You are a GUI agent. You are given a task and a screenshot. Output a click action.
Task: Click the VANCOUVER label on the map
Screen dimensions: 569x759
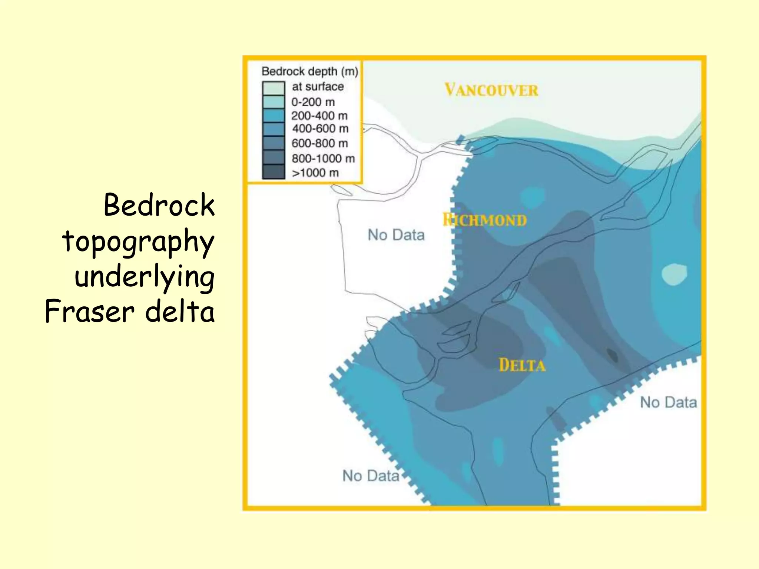(x=491, y=90)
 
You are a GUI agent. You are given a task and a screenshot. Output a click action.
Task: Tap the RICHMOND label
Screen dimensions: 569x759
(x=485, y=220)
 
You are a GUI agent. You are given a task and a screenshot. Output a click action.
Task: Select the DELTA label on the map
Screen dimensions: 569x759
(x=522, y=365)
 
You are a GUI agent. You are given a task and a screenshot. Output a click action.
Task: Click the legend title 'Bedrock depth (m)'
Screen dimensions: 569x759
(x=310, y=71)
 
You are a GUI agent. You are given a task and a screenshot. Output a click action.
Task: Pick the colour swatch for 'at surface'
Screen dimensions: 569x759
(x=274, y=88)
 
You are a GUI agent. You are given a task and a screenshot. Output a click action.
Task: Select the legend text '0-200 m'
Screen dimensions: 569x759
(x=313, y=102)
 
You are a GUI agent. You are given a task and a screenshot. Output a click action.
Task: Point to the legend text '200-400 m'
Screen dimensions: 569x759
(x=319, y=116)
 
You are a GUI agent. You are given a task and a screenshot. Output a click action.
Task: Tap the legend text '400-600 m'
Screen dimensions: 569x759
(x=320, y=129)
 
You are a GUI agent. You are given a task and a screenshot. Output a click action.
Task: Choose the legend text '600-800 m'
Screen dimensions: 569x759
(x=319, y=143)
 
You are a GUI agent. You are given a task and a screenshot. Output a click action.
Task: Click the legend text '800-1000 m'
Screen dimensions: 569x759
(x=323, y=159)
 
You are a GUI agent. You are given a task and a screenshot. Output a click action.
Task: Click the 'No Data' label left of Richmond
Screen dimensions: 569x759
(x=396, y=235)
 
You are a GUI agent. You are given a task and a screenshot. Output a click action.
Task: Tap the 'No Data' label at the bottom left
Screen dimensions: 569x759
(x=371, y=476)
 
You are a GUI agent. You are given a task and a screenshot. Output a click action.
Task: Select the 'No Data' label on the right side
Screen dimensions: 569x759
(x=668, y=402)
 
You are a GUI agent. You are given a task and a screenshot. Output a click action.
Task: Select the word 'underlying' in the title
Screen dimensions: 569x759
(x=145, y=277)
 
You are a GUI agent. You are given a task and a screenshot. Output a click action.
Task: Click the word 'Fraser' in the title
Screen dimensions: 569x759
(x=89, y=312)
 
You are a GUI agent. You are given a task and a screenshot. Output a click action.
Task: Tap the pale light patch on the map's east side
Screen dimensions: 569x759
(x=674, y=274)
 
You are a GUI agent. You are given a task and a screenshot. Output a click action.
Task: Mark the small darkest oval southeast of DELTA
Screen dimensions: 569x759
(x=612, y=355)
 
